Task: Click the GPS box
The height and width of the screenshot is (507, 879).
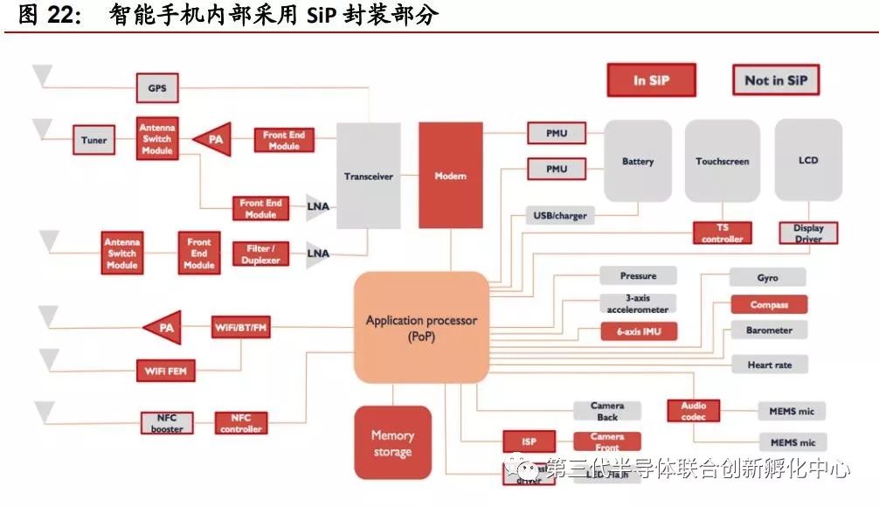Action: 157,88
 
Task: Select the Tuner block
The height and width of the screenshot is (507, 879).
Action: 94,140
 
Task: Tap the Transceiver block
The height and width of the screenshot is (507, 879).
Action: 368,176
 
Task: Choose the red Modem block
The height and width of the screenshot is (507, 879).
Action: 451,176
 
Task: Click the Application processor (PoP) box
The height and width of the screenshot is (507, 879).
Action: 421,328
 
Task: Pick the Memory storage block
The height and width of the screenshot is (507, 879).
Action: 392,443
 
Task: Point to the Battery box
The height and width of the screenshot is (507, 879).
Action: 638,162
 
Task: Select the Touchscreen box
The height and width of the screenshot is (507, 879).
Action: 723,162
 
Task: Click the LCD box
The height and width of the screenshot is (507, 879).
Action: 808,161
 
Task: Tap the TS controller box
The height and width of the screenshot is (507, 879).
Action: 723,233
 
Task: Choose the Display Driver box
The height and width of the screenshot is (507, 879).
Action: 808,233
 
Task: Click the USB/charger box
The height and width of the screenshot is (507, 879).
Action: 560,215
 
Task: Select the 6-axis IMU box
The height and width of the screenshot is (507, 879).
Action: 639,332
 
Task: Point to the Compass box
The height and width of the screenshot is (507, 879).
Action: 769,305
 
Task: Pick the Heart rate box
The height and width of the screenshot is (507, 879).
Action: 770,365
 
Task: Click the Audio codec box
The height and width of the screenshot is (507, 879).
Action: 694,411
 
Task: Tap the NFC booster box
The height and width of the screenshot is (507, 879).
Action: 167,423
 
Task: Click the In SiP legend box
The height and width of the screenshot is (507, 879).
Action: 651,80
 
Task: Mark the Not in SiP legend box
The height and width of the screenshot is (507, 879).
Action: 775,80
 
